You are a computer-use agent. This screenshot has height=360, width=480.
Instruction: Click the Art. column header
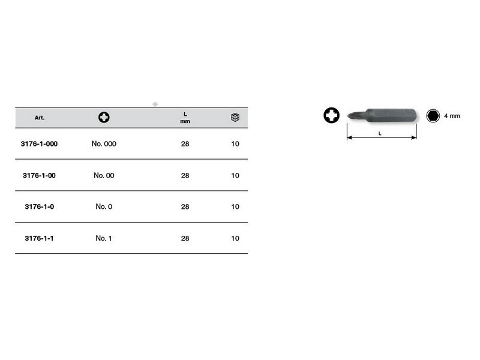[x=40, y=118]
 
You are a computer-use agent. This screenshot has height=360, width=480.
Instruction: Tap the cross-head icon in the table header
[x=104, y=117]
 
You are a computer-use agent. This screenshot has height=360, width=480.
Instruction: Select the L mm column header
[x=185, y=118]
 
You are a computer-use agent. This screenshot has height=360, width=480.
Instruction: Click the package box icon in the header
[x=235, y=117]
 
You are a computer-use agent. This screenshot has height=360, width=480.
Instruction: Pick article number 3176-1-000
[x=39, y=144]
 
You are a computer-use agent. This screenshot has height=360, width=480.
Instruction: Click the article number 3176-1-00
[x=39, y=175]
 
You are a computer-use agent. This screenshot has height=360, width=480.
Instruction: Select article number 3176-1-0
[x=39, y=206]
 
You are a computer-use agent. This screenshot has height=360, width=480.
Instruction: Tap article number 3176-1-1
[x=39, y=238]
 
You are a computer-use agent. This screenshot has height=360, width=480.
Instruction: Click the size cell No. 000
[x=104, y=144]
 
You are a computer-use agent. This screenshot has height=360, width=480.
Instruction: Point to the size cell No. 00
[x=104, y=175]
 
